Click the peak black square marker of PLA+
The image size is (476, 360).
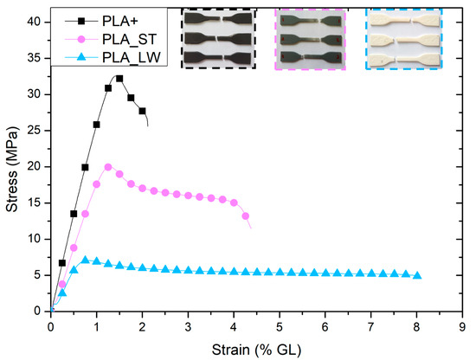pos(119,79)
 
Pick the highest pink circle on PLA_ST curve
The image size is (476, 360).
pos(108,167)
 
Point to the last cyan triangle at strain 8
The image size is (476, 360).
pos(417,275)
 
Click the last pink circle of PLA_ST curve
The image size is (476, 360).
pos(245,216)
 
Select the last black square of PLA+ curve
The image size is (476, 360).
pos(142,111)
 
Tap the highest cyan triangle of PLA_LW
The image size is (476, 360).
pos(85,260)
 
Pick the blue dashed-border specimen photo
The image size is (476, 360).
pos(402,38)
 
